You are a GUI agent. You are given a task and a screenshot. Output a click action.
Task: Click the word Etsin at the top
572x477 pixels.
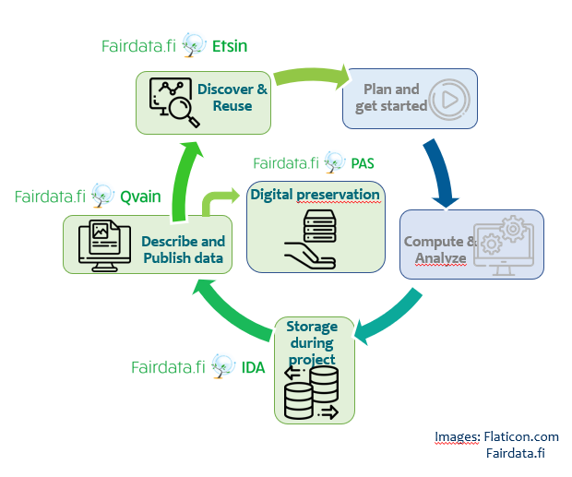coord(230,46)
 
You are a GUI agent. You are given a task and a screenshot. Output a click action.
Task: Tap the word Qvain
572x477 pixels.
coord(140,197)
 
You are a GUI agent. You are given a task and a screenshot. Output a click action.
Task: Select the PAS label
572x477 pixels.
coord(363,163)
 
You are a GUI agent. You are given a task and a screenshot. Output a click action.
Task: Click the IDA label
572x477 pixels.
coord(253,367)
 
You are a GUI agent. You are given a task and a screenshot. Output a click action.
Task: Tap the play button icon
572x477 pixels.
coord(449,100)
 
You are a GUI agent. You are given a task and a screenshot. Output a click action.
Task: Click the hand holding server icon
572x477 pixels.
coord(311,239)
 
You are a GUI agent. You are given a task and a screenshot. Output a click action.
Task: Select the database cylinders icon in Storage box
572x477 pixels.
coord(312,393)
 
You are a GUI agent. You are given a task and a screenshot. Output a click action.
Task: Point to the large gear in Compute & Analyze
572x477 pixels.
coord(513,229)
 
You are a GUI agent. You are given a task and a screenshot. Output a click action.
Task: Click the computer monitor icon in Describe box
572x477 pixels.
coord(104,245)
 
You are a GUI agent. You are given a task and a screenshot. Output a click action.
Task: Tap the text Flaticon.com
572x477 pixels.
coord(521,436)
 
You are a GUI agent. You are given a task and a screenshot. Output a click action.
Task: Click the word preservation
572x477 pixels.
coord(339,195)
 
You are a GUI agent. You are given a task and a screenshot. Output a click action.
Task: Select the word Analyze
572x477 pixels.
coord(441,258)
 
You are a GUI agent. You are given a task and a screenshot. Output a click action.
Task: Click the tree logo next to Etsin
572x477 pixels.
coord(194,45)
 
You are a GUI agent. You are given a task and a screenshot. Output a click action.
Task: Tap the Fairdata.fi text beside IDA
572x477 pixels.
coord(168,367)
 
